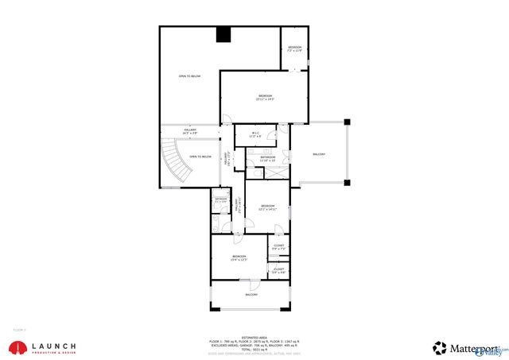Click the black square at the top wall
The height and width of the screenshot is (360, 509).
(223, 34)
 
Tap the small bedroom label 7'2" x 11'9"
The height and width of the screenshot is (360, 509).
(294, 49)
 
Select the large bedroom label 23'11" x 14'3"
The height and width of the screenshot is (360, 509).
(264, 98)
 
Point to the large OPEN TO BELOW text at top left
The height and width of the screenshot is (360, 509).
(189, 76)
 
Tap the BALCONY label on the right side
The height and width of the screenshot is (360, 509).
(319, 153)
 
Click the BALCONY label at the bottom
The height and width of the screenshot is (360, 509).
(251, 295)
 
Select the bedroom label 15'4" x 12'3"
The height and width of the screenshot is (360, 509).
(239, 257)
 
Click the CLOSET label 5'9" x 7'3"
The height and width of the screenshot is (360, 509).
(279, 247)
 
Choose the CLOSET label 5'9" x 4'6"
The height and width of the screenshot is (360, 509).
(279, 271)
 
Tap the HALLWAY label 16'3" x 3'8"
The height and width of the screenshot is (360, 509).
(191, 131)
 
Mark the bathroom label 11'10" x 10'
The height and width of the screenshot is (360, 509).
(268, 159)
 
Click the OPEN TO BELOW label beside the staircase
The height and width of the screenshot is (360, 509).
(200, 157)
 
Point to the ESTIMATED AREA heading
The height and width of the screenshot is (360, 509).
(254, 336)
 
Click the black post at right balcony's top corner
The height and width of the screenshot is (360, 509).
(346, 122)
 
